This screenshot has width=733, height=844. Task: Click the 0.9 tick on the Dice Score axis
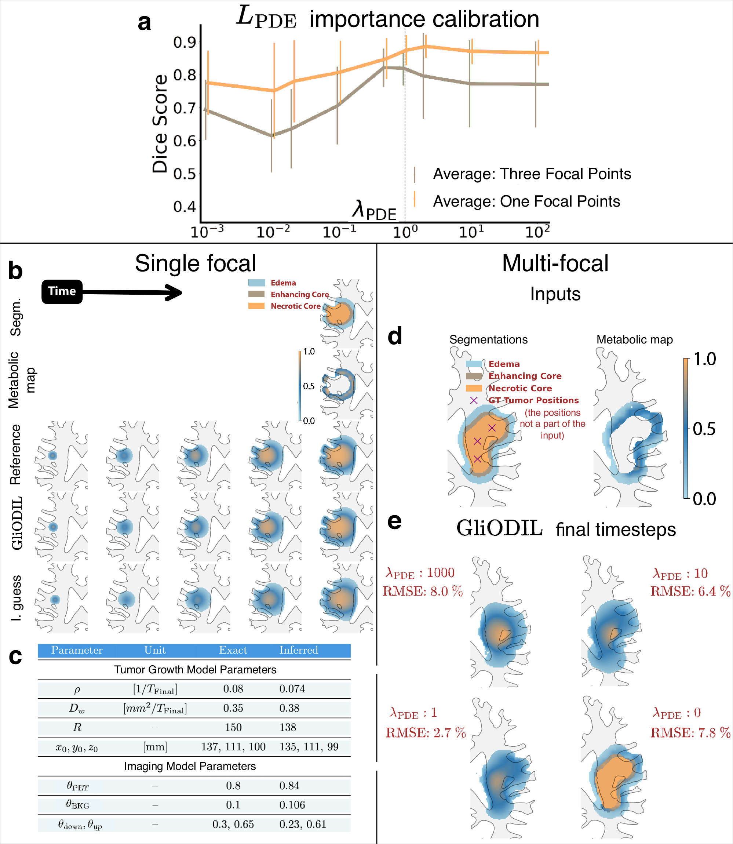(x=185, y=42)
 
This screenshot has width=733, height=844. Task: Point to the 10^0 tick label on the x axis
(x=405, y=232)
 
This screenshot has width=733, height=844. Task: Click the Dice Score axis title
(x=160, y=124)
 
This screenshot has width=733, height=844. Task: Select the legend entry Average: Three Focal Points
(x=531, y=174)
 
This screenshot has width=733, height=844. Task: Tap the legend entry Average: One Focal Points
(x=526, y=201)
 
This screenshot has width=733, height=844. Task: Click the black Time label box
(x=62, y=291)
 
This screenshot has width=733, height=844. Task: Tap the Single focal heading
(x=195, y=263)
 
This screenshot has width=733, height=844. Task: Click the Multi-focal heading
(x=555, y=263)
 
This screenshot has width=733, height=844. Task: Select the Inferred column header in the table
(x=298, y=650)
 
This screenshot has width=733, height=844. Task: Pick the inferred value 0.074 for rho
(x=292, y=688)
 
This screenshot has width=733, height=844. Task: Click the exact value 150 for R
(x=233, y=727)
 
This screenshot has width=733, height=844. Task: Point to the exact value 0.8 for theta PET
(x=233, y=786)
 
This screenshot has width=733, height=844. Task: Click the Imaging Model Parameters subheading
(x=190, y=766)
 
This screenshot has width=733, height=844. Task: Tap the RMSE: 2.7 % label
(x=426, y=732)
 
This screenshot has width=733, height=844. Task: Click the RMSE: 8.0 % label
(x=423, y=591)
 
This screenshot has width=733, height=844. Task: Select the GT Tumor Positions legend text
(x=533, y=400)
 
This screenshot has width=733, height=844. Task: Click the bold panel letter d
(x=394, y=336)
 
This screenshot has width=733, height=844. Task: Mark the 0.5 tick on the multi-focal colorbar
(x=704, y=429)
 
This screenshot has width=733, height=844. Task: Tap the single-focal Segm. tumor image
(x=346, y=314)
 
